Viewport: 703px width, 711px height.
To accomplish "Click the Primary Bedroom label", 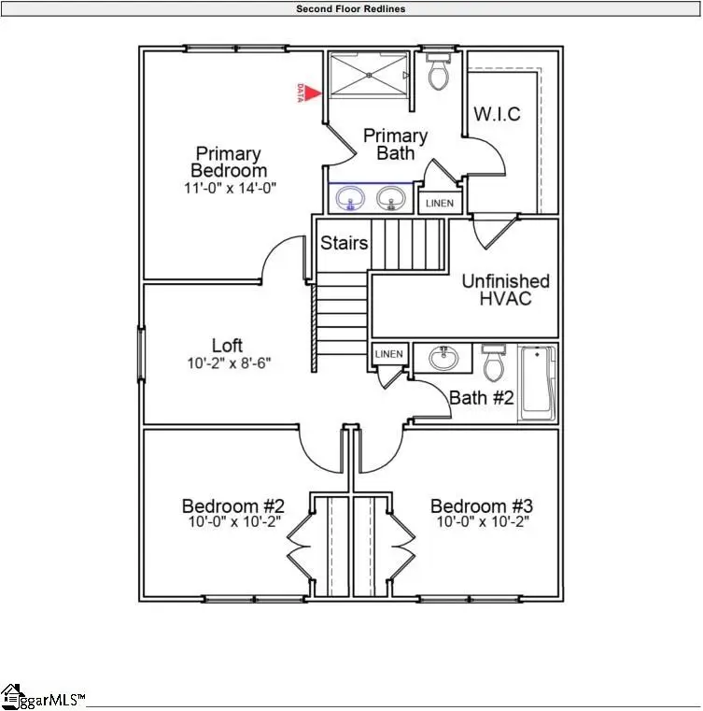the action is (x=228, y=162).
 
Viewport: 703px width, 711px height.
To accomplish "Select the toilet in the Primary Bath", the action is (x=437, y=70).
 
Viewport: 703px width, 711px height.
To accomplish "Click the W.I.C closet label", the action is (x=497, y=115).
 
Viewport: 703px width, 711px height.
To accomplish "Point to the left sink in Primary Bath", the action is (x=352, y=198).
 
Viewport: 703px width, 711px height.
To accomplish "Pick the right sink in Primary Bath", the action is (x=391, y=198).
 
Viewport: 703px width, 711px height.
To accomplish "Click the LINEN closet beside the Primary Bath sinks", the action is (x=439, y=203).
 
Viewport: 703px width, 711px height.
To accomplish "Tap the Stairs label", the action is (x=344, y=244).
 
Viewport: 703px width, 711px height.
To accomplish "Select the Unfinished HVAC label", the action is (x=505, y=290).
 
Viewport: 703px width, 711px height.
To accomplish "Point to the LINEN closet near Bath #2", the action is (x=388, y=354).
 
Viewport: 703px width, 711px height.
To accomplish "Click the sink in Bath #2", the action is (x=445, y=358).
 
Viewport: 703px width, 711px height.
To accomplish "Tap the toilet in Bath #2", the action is (x=494, y=360).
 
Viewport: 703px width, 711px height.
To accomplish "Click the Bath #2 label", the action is (x=482, y=397).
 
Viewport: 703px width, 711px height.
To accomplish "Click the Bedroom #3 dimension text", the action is (x=481, y=523).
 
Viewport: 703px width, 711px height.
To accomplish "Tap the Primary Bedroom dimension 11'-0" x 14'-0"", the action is (x=230, y=188).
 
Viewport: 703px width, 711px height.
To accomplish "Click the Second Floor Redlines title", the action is (x=351, y=8).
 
